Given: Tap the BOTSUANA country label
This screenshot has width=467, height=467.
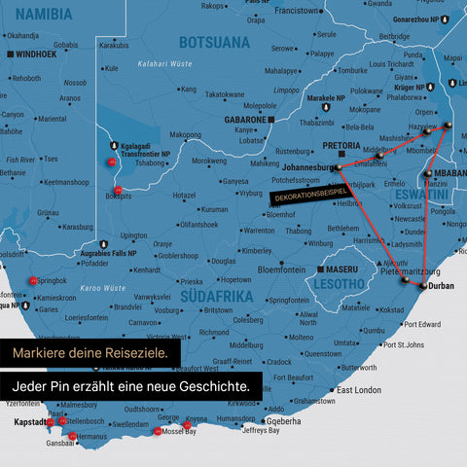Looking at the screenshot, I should (x=214, y=42).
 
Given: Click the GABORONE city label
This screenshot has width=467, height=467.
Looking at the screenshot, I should (x=247, y=120).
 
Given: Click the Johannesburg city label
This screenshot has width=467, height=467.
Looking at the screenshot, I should (x=300, y=166).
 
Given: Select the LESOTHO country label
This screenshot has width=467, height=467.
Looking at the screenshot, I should (x=336, y=284).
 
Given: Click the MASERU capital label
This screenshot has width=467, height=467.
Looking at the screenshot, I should (x=345, y=269).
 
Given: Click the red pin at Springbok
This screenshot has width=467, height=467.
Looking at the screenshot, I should (x=34, y=280).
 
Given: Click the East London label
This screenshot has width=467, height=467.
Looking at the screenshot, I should (x=358, y=389).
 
